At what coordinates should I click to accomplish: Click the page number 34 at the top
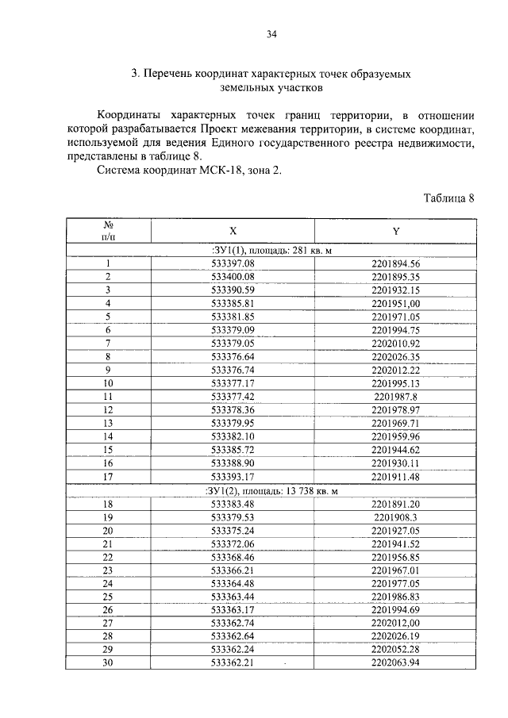pos(271,33)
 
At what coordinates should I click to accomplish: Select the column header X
pos(233,231)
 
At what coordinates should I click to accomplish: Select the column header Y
pos(395,231)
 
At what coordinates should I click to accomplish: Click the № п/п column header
pos(107,230)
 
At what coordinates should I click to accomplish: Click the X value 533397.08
pos(233,264)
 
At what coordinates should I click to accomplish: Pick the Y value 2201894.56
pos(395,264)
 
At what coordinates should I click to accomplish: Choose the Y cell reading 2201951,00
pos(395,303)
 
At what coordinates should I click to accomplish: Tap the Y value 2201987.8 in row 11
pos(395,396)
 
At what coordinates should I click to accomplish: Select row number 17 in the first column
pos(107,477)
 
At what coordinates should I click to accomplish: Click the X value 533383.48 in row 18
pos(233,504)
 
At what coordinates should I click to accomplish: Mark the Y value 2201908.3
pos(395,516)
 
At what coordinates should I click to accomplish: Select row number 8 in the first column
pos(107,357)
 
